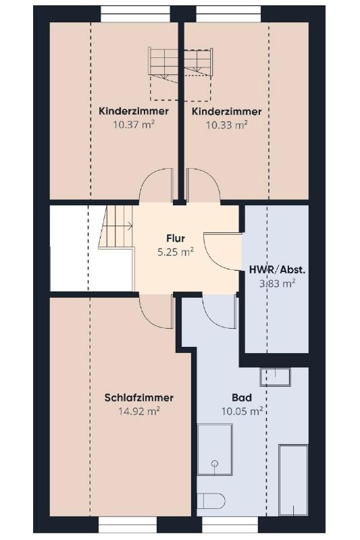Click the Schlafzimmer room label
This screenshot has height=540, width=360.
pyautogui.click(x=139, y=398)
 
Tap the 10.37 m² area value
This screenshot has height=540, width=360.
pyautogui.click(x=134, y=124)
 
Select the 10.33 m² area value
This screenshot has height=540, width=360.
pyautogui.click(x=227, y=125)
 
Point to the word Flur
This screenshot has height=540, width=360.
pyautogui.click(x=176, y=238)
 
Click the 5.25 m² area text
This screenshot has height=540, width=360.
pyautogui.click(x=176, y=252)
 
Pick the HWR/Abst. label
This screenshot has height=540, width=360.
pyautogui.click(x=278, y=270)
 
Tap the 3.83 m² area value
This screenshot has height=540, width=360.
pyautogui.click(x=278, y=283)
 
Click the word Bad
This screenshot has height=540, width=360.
pyautogui.click(x=242, y=398)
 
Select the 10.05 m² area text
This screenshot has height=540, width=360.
pyautogui.click(x=242, y=411)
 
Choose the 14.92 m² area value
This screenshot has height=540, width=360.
pyautogui.click(x=139, y=411)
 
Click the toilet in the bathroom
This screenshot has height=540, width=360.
pyautogui.click(x=211, y=501)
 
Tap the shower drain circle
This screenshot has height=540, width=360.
pyautogui.click(x=215, y=463)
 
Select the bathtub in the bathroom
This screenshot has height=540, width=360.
pyautogui.click(x=293, y=481)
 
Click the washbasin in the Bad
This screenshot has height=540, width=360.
pyautogui.click(x=276, y=377)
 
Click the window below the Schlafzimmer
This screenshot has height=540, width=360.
pyautogui.click(x=128, y=525)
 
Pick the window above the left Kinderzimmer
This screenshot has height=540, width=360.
pyautogui.click(x=135, y=14)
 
